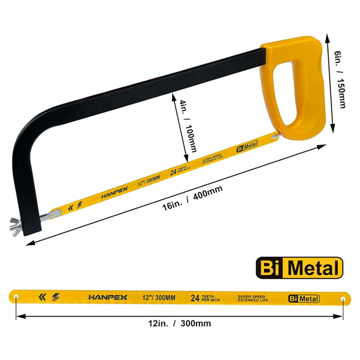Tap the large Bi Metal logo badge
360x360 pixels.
(x=299, y=269)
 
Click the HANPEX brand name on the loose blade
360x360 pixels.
(x=108, y=297)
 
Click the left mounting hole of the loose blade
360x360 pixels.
(x=16, y=297)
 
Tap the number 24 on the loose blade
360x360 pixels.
(x=195, y=298)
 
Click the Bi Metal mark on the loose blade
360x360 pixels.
(x=304, y=298)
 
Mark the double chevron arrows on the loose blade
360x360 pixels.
(x=43, y=297)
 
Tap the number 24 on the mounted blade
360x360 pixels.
(x=174, y=171)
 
